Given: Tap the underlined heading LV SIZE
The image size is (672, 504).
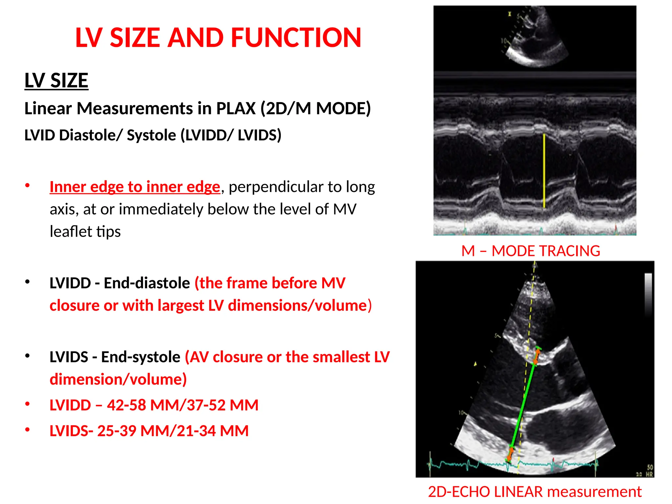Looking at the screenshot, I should click(56, 80).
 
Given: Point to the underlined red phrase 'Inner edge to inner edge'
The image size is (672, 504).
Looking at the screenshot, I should click(135, 187).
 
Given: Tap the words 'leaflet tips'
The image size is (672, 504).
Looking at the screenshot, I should click(85, 232).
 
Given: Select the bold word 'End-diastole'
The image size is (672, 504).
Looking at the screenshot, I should click(147, 283).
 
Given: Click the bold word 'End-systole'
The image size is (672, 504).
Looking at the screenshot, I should click(140, 357).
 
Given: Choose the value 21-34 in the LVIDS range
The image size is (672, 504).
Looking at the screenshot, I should click(196, 431).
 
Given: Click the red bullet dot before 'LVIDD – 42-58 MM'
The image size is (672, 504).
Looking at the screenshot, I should click(28, 404).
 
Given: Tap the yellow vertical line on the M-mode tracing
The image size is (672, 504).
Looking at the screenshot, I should click(544, 171).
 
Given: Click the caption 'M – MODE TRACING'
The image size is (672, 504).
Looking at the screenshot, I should click(531, 251).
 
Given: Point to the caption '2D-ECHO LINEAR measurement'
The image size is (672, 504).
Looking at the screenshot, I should click(535, 492).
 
